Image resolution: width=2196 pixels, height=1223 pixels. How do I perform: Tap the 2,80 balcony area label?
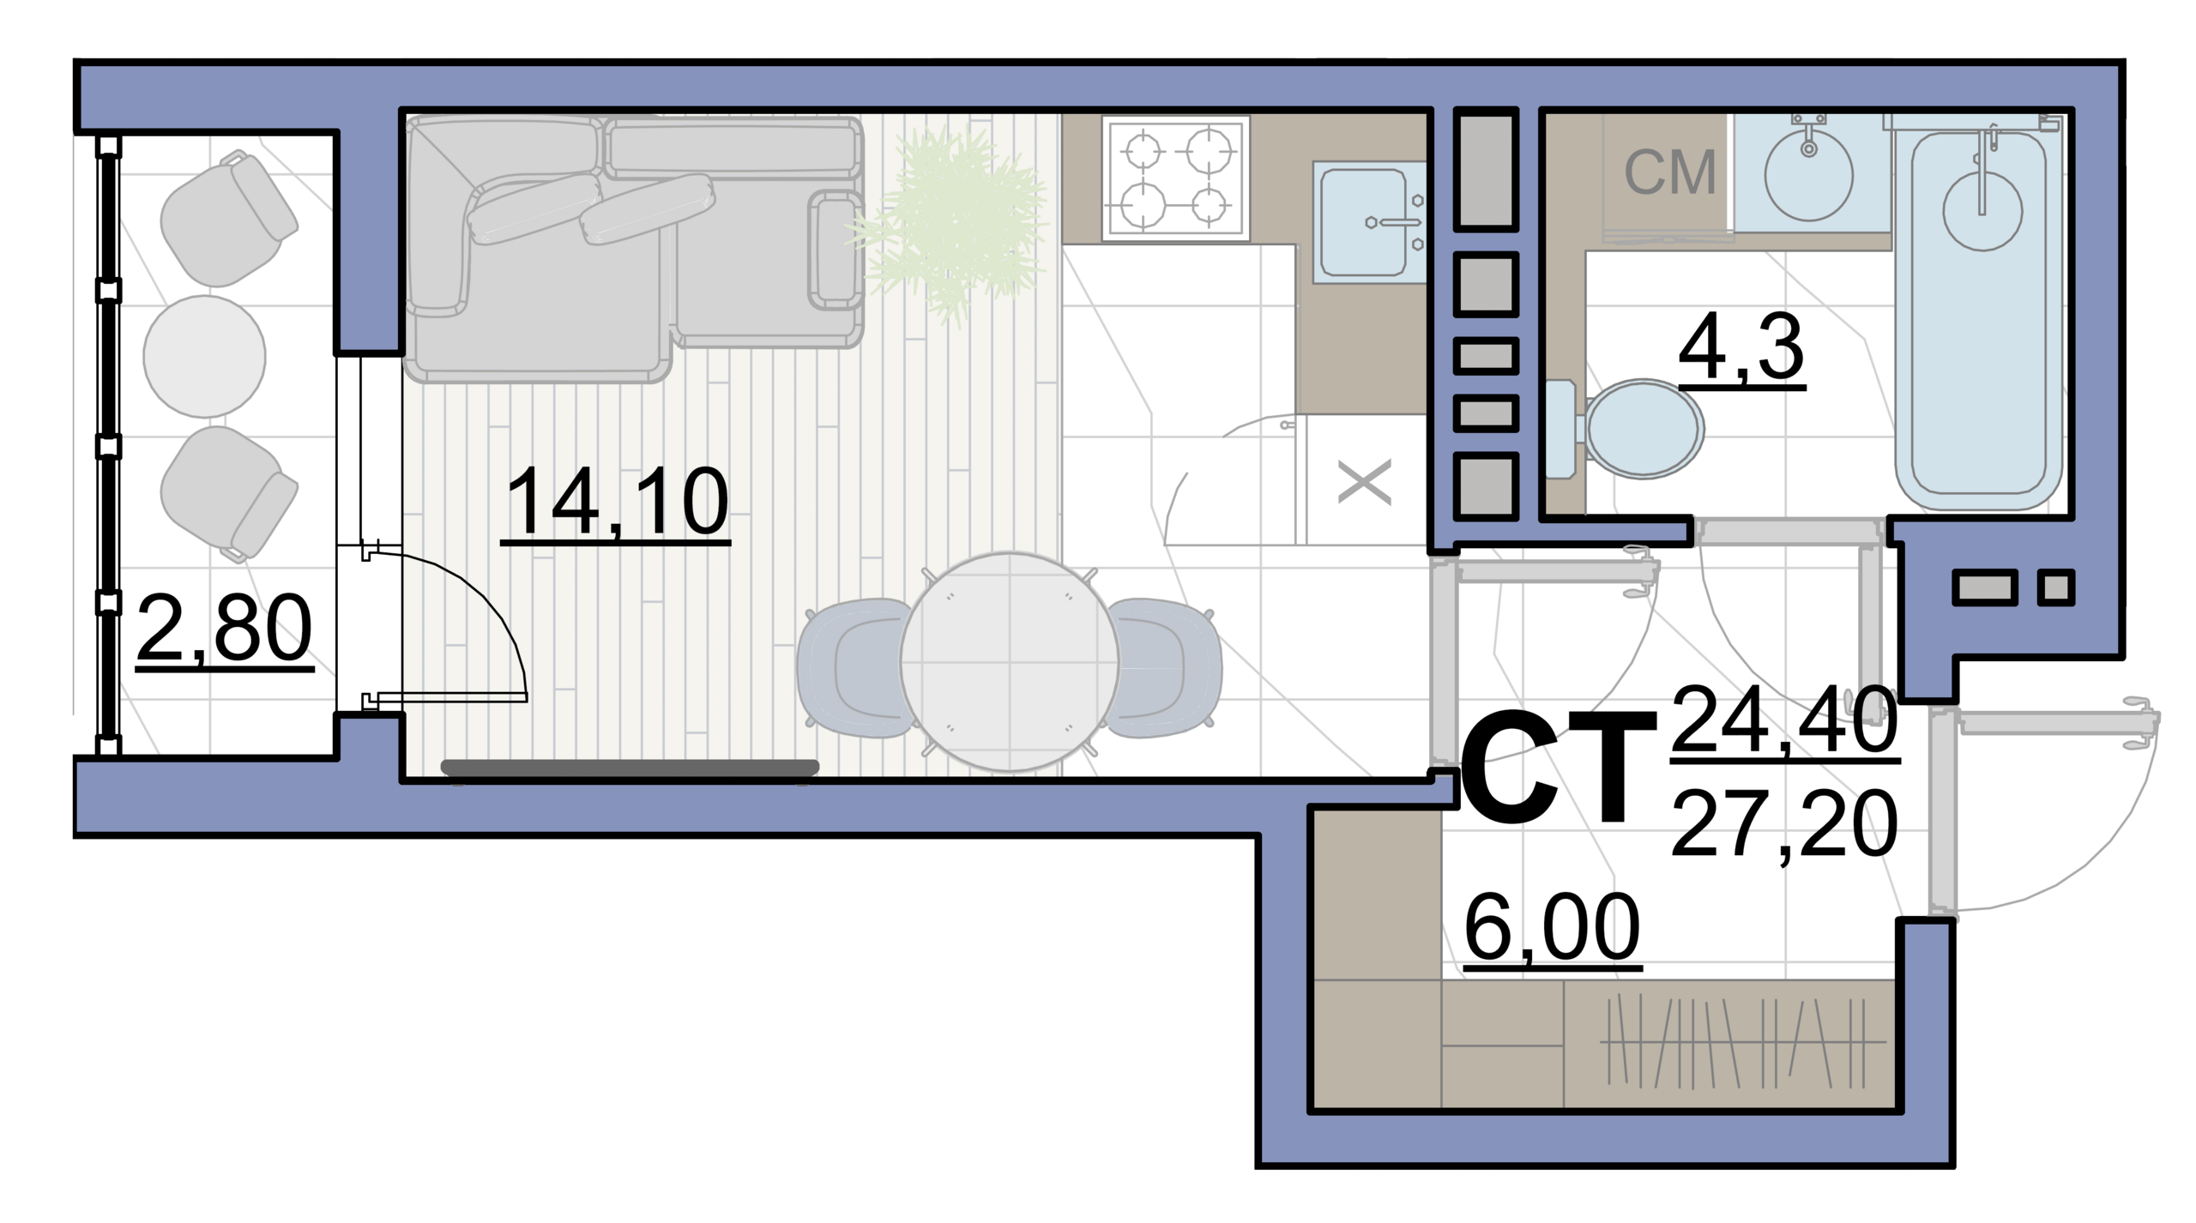pos(225,630)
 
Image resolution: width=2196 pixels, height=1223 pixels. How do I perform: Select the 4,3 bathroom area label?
pos(1741,346)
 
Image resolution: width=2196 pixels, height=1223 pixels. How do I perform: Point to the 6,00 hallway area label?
pos(1552,928)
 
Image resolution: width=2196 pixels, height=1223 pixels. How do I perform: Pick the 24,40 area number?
pos(1784,720)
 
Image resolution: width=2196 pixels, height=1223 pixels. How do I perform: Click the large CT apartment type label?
pos(1558,768)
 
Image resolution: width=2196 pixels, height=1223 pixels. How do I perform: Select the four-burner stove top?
pos(1175,178)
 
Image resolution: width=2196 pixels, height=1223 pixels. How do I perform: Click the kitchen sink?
pos(1368,222)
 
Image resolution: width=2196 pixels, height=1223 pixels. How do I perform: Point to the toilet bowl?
pos(1626,428)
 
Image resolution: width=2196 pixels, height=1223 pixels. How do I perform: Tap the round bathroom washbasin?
pos(1808,177)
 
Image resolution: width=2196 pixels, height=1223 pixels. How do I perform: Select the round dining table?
pos(1010,662)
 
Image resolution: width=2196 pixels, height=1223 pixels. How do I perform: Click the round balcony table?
pos(204,356)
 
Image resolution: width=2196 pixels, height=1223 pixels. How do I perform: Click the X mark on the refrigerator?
pos(1365,482)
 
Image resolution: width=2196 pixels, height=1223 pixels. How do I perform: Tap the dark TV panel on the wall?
pos(630,768)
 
